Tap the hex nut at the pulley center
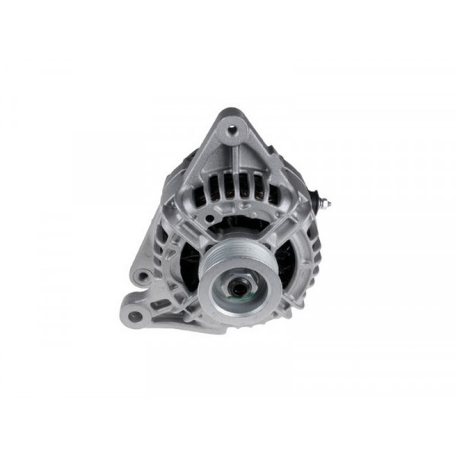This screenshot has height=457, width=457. coord(238,289)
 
